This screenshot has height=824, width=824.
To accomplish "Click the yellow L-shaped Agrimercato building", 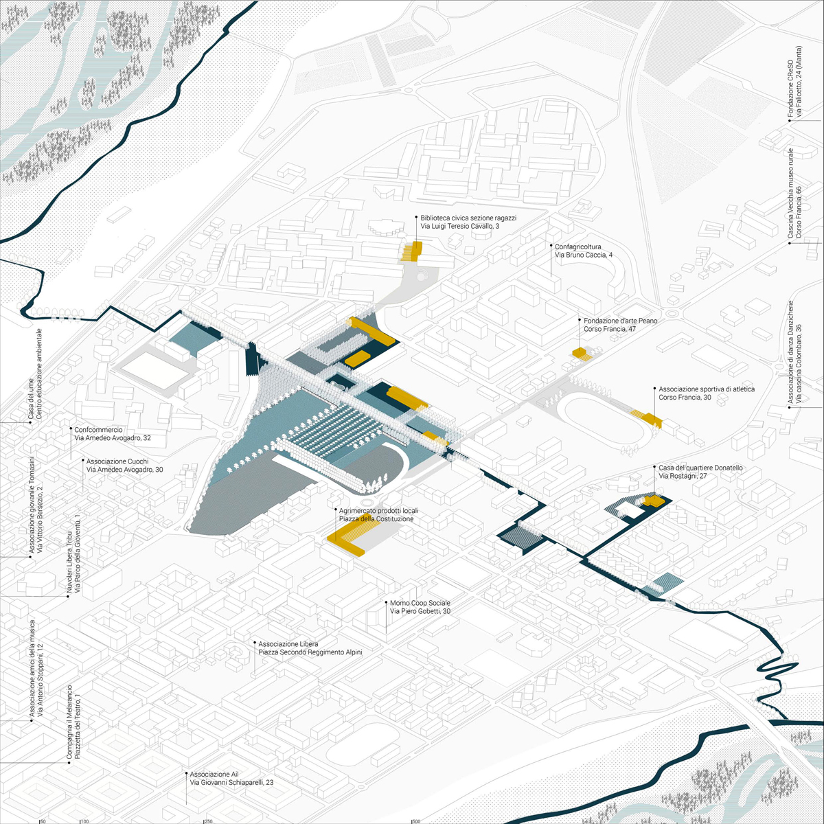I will click(x=345, y=543).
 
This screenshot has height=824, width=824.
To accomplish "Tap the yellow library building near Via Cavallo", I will click(x=412, y=251).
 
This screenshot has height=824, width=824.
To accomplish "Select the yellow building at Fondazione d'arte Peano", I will click(x=580, y=353).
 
